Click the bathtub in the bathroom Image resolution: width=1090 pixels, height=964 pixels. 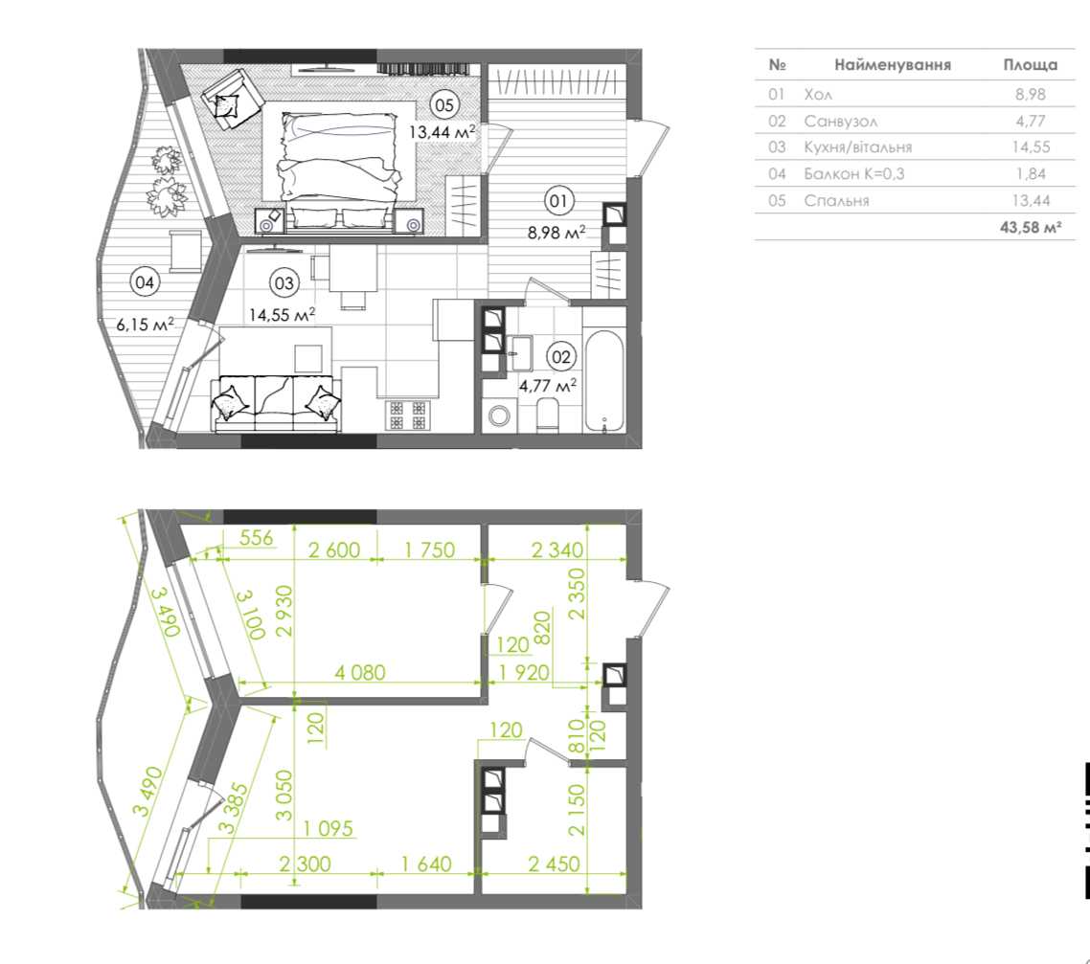[604, 381]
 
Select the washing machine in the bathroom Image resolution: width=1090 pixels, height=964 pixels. [498, 416]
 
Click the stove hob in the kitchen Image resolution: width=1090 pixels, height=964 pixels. [407, 415]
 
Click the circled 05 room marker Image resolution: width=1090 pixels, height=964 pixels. [443, 105]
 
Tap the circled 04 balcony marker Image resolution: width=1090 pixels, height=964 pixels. [145, 282]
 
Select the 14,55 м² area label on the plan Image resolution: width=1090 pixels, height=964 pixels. [283, 315]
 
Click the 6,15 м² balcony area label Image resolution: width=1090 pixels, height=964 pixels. [146, 324]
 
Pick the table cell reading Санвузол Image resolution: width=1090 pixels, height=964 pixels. [840, 121]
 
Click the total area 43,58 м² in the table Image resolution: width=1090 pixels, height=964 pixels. [1031, 227]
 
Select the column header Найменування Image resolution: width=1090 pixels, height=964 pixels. [893, 64]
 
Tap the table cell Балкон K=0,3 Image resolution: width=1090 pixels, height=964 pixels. [854, 173]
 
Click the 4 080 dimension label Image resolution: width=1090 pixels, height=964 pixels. [360, 672]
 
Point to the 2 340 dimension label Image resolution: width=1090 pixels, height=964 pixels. [556, 550]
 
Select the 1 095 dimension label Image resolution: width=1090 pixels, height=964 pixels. [329, 828]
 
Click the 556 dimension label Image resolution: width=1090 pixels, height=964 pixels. [256, 538]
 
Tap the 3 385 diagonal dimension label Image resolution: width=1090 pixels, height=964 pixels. [232, 808]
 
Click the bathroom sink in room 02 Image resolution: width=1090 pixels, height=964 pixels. [519, 353]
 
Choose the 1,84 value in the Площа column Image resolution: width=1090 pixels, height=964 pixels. [1031, 173]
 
